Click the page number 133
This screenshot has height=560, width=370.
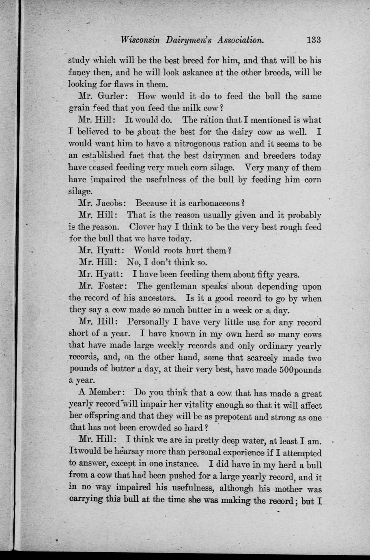tap(314, 40)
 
